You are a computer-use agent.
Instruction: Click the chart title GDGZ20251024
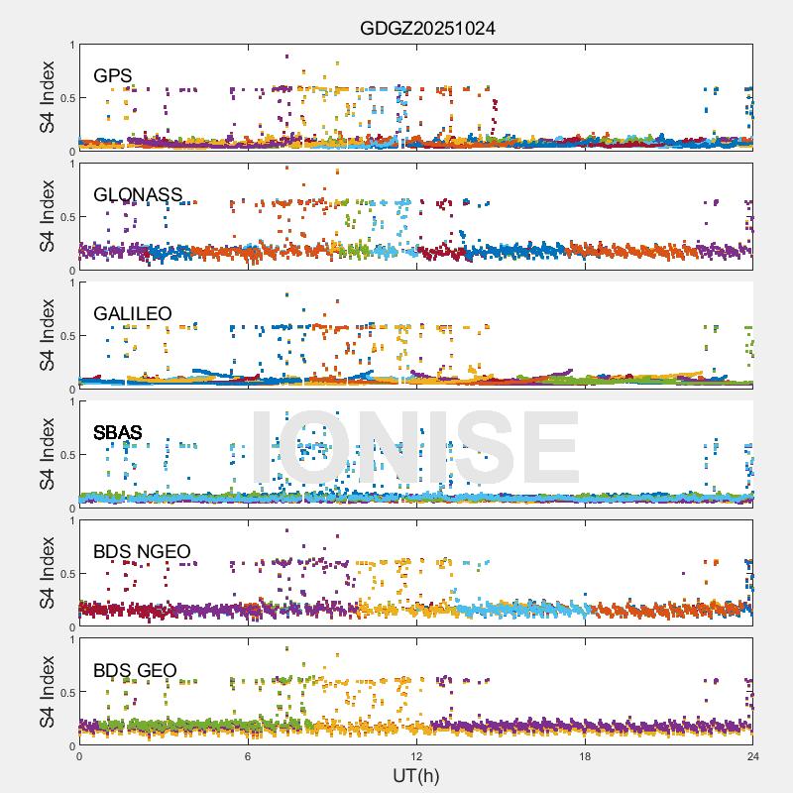427,29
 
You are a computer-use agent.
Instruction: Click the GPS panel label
113,76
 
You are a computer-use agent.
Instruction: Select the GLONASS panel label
138,195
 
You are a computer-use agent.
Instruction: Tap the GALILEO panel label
133,314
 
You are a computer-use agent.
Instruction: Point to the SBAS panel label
118,433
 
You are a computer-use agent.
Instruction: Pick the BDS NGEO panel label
142,552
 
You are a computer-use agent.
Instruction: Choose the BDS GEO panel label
135,671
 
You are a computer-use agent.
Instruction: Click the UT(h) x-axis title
415,774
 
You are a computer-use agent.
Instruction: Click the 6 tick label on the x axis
248,756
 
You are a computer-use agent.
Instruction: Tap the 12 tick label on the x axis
416,756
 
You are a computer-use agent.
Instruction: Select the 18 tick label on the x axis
585,756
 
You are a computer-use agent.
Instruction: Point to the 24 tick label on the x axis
753,756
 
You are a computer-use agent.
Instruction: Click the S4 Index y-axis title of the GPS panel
48,98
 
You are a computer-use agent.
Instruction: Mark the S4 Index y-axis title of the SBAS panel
48,455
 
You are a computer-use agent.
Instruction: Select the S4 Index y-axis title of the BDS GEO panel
48,693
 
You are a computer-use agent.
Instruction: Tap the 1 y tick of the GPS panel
71,46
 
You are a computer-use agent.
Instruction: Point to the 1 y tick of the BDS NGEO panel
71,521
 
